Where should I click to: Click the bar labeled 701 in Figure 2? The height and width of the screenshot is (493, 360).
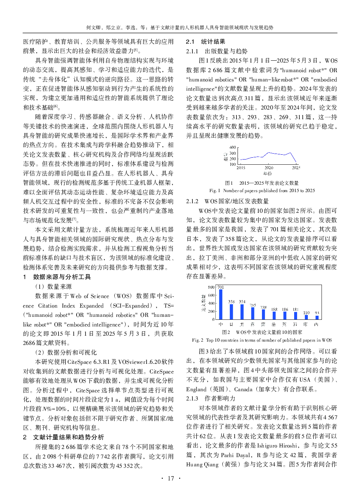click(221, 304)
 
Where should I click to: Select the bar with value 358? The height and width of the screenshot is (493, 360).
click(232, 312)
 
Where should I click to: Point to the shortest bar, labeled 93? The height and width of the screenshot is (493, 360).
click(317, 318)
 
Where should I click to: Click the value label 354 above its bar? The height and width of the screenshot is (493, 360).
click(242, 302)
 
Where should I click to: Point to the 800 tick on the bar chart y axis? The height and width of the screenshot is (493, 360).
click(211, 287)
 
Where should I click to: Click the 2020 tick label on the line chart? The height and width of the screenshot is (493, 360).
click(269, 168)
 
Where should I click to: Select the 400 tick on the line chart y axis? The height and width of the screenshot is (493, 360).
click(232, 147)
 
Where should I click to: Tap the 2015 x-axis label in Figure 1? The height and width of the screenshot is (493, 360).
click(241, 168)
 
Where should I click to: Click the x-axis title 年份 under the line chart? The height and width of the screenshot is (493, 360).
click(267, 173)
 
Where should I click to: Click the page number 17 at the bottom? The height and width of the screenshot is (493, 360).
click(171, 478)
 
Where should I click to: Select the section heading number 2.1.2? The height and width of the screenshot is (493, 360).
click(192, 201)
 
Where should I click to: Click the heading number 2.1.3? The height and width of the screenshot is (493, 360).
click(192, 398)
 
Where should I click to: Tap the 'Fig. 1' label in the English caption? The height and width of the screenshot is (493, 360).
click(215, 191)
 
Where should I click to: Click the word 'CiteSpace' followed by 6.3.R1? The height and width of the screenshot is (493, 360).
click(77, 362)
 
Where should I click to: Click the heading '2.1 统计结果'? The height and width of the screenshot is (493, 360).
click(206, 41)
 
